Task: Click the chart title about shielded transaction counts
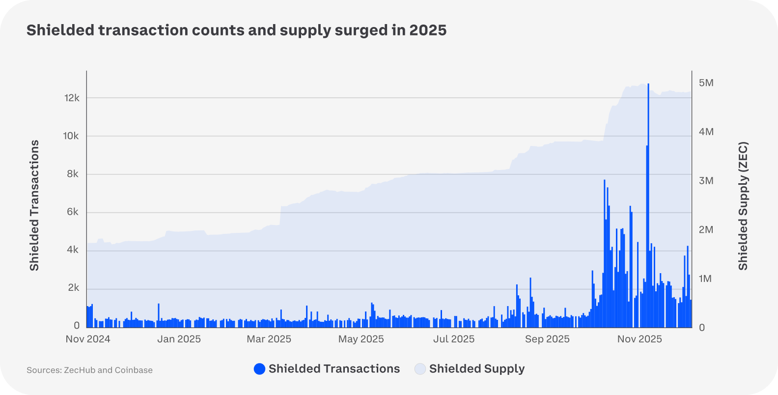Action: pos(236,30)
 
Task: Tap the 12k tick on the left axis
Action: pos(72,98)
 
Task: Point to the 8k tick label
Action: pos(73,174)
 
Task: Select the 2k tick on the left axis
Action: pos(73,288)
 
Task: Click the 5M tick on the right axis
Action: pos(706,83)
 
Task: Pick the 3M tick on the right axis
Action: pos(706,181)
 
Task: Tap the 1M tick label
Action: pos(705,279)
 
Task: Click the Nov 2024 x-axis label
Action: pos(88,339)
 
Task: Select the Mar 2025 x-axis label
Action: pos(269,339)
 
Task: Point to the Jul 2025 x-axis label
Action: pos(454,339)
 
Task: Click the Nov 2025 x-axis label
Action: pos(639,339)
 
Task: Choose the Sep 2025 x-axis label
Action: pos(547,339)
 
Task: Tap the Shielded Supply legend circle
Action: pos(420,369)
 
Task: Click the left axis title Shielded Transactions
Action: pos(34,205)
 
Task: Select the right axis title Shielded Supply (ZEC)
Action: pos(743,206)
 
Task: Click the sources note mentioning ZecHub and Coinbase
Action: pos(89,370)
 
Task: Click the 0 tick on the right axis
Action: pos(702,328)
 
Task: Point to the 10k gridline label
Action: pos(71,136)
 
